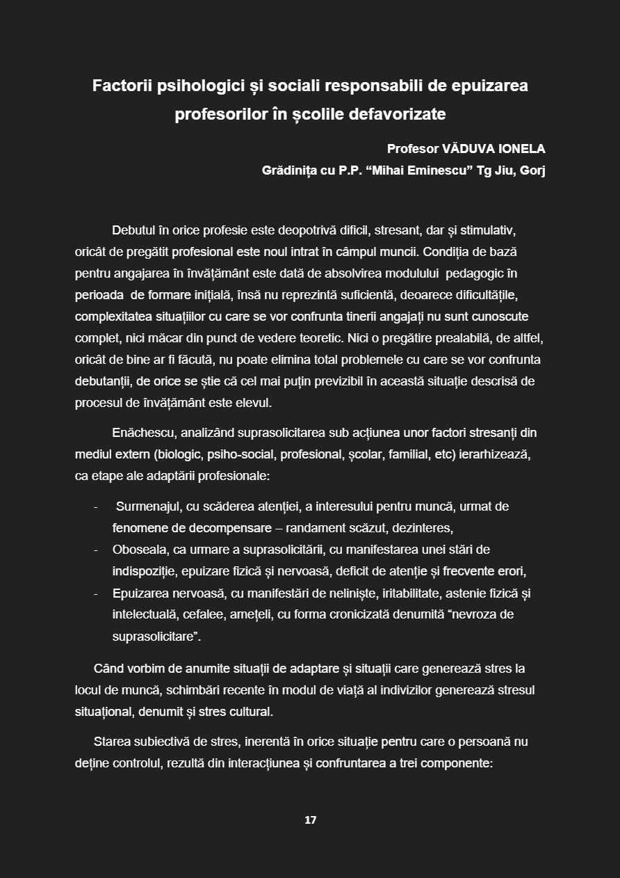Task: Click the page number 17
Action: (310, 820)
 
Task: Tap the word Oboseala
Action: (140, 550)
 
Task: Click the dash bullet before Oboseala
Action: (95, 550)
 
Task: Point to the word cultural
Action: (249, 712)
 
